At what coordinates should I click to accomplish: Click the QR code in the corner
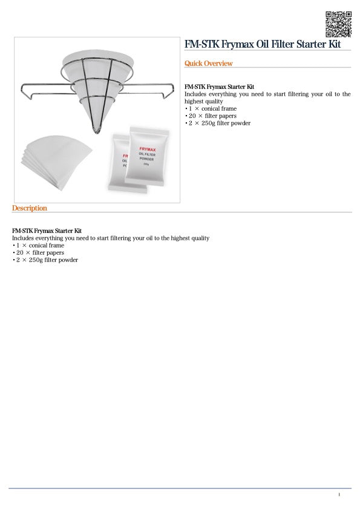tap(338, 24)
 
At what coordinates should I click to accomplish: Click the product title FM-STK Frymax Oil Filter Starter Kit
tap(263, 45)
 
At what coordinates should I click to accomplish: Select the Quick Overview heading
tap(208, 64)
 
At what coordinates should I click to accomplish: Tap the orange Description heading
tap(29, 208)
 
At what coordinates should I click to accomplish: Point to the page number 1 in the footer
tap(339, 495)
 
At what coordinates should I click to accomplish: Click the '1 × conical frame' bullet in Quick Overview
tap(212, 109)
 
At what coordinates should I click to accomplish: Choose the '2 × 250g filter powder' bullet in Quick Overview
tap(218, 123)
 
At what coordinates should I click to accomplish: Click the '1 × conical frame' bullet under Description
tap(39, 246)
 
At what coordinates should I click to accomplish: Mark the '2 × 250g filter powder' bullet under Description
tap(46, 260)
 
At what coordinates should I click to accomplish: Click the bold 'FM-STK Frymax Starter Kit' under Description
tap(47, 231)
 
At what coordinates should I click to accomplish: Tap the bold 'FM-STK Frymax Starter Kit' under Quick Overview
tap(219, 87)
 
